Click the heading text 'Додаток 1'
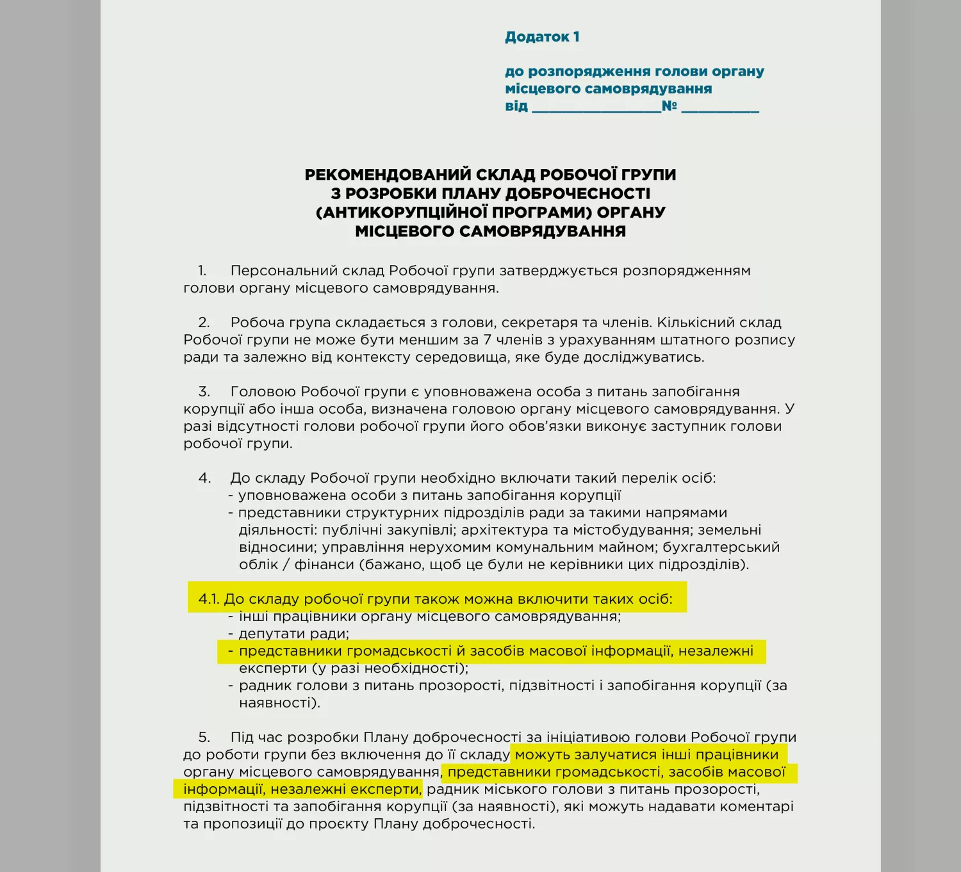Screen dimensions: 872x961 pos(542,37)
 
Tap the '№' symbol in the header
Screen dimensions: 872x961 pos(669,106)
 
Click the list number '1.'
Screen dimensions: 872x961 pos(202,271)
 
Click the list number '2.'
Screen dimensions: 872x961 pos(204,323)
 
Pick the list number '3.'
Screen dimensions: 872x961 pos(204,392)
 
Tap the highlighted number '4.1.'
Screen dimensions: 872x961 pos(209,599)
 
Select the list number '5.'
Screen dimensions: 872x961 pos(204,738)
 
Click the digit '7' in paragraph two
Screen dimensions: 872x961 pos(487,340)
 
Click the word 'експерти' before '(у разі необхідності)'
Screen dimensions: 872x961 pos(273,668)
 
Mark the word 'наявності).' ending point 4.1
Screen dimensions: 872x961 pos(279,703)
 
